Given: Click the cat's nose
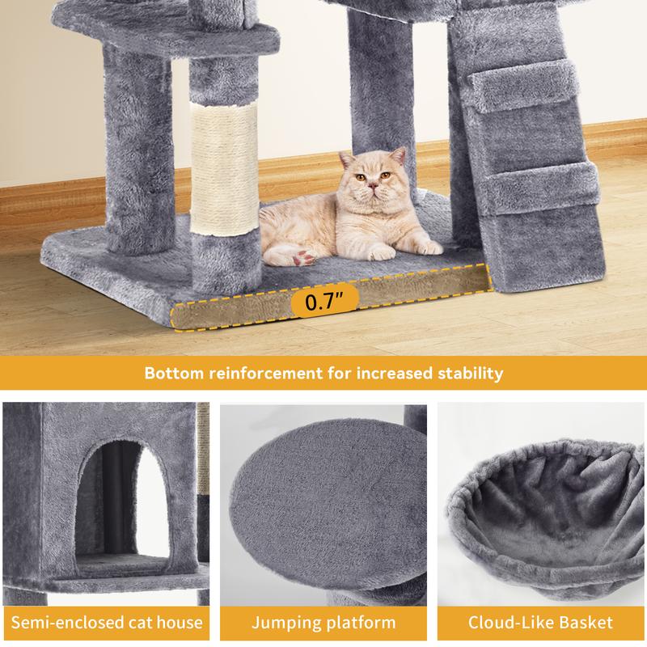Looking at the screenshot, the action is pos(372,186).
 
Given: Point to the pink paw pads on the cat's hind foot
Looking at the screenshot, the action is pos(302,257).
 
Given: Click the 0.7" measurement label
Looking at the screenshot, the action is pos(325,301).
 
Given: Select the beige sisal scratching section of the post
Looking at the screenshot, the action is pos(224,168).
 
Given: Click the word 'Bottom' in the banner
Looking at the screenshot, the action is pos(174,373).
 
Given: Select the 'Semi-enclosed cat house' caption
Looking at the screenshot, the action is pos(107,622).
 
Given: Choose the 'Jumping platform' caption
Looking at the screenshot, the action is pos(323,622).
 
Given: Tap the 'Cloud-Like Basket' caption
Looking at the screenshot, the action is pos(540,622).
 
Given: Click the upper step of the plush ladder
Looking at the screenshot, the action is pos(523,86).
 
